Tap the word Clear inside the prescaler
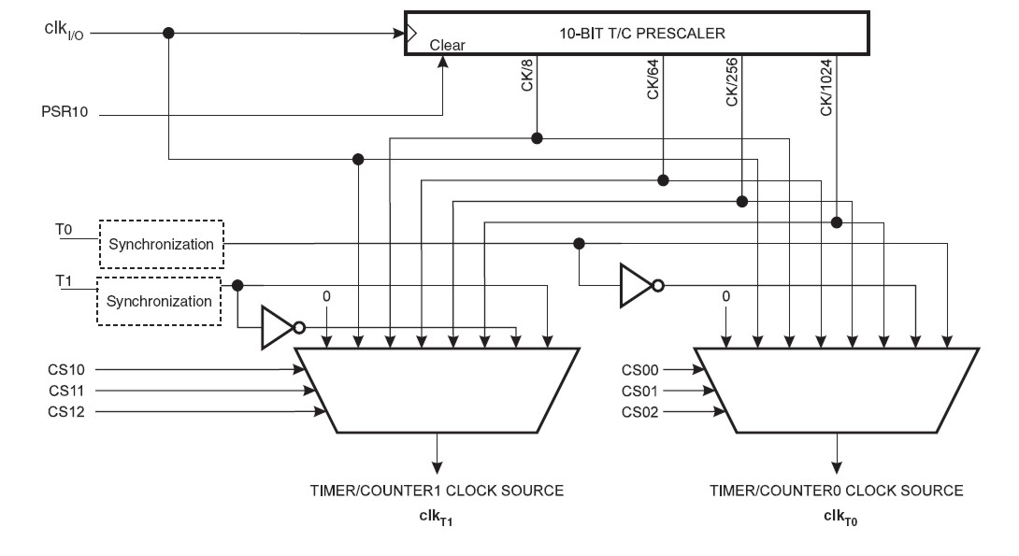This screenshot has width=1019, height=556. click(x=448, y=45)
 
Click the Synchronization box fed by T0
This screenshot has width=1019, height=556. click(x=161, y=244)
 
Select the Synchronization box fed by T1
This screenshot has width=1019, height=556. click(x=158, y=301)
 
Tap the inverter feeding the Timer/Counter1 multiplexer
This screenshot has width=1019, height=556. click(x=279, y=327)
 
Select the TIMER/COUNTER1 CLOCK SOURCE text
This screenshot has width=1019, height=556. click(x=437, y=491)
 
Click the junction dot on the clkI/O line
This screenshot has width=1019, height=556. click(x=168, y=33)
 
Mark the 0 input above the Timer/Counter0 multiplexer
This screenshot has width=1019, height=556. click(x=725, y=296)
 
